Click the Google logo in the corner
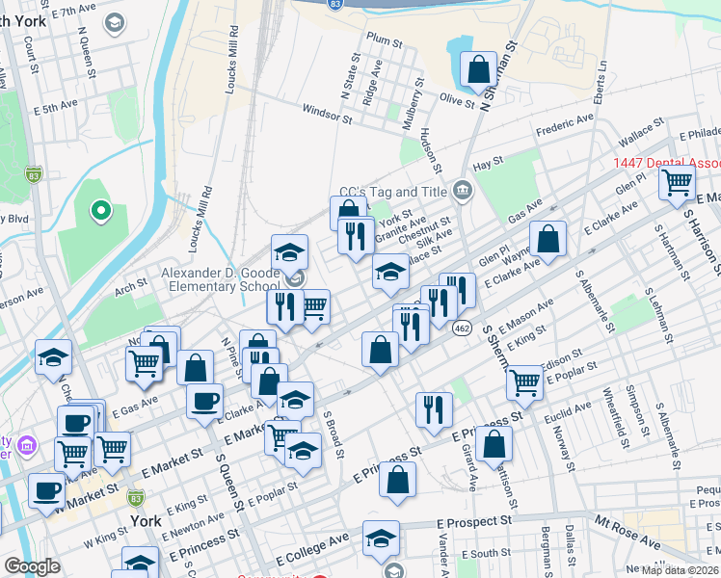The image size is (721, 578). (32, 566)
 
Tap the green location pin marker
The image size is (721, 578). (100, 210)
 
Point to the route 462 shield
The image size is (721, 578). (462, 328)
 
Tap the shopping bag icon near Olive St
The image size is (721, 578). (477, 69)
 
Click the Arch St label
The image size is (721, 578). (129, 284)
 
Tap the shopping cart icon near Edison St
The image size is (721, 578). (524, 381)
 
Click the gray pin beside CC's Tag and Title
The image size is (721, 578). (462, 192)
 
